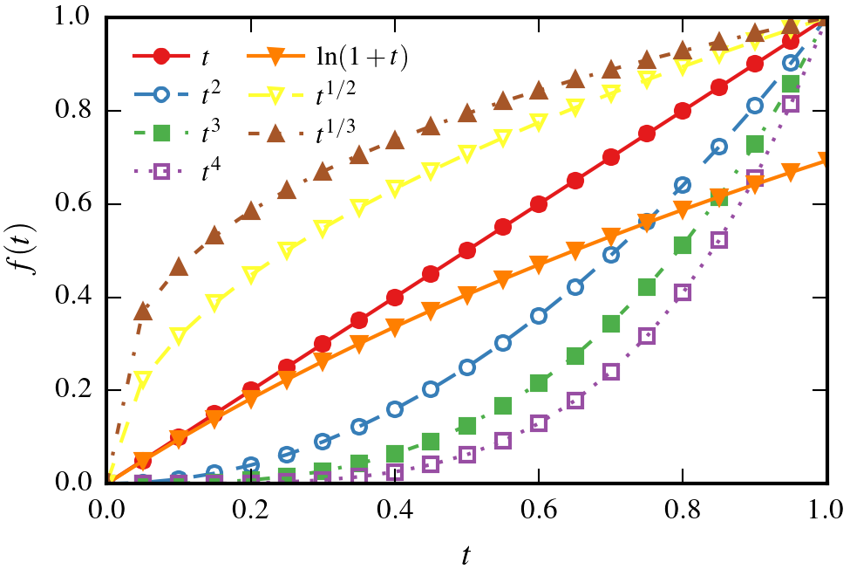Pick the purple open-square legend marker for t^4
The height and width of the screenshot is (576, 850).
click(x=160, y=172)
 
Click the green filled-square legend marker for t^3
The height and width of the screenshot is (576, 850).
click(x=160, y=134)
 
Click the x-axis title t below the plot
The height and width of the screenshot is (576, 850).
click(x=467, y=553)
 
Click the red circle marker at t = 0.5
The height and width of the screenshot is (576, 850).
click(x=467, y=250)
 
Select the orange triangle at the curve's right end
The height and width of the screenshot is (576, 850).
click(x=826, y=161)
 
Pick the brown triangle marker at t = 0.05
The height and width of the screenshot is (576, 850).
click(x=144, y=312)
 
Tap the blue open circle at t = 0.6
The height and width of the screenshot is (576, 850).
click(x=539, y=316)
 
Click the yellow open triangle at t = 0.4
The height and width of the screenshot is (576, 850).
click(x=395, y=189)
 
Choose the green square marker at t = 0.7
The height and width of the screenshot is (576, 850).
click(x=610, y=324)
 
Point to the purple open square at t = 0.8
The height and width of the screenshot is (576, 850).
click(x=683, y=292)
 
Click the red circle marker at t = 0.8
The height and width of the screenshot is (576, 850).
click(x=683, y=112)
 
